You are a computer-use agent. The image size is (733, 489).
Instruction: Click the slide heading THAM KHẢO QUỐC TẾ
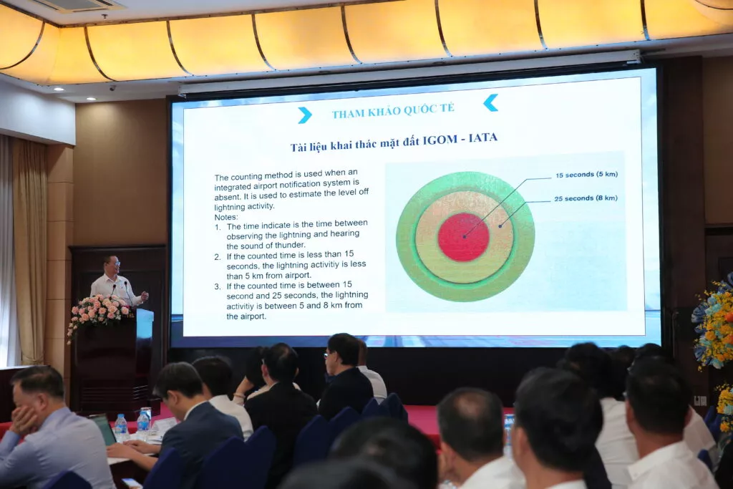[x=393, y=110]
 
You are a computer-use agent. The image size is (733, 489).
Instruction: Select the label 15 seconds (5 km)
[x=587, y=175]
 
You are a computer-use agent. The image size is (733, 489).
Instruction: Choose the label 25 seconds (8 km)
[x=586, y=198]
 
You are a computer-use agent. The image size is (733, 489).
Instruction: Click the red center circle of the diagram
[x=463, y=237]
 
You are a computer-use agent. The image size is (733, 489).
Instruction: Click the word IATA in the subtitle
[x=483, y=138]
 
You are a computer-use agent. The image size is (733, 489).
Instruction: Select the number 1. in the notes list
[x=218, y=227]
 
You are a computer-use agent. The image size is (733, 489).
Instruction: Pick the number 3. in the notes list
[x=218, y=286]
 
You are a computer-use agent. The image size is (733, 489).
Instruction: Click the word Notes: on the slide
[x=225, y=217]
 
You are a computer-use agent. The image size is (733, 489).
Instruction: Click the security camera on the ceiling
[x=112, y=88]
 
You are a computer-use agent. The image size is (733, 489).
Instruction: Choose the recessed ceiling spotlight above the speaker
[x=91, y=99]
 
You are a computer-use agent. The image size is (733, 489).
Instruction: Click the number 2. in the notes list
[x=218, y=256]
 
